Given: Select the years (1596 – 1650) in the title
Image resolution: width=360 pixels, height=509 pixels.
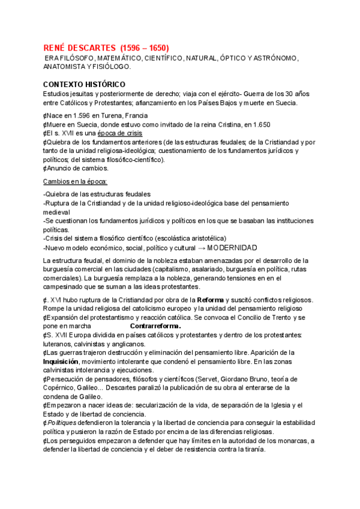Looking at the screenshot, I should point(145,47).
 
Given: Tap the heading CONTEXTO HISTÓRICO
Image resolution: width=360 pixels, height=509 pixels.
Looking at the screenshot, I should point(84,85).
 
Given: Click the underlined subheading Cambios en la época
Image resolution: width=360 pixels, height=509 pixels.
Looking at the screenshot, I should point(75,181).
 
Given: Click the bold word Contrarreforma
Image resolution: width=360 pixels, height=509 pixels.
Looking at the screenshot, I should point(155,325).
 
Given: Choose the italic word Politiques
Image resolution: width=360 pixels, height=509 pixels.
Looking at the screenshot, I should point(64,423).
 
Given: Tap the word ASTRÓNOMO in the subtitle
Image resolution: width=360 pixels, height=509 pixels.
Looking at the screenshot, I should point(277,58).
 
